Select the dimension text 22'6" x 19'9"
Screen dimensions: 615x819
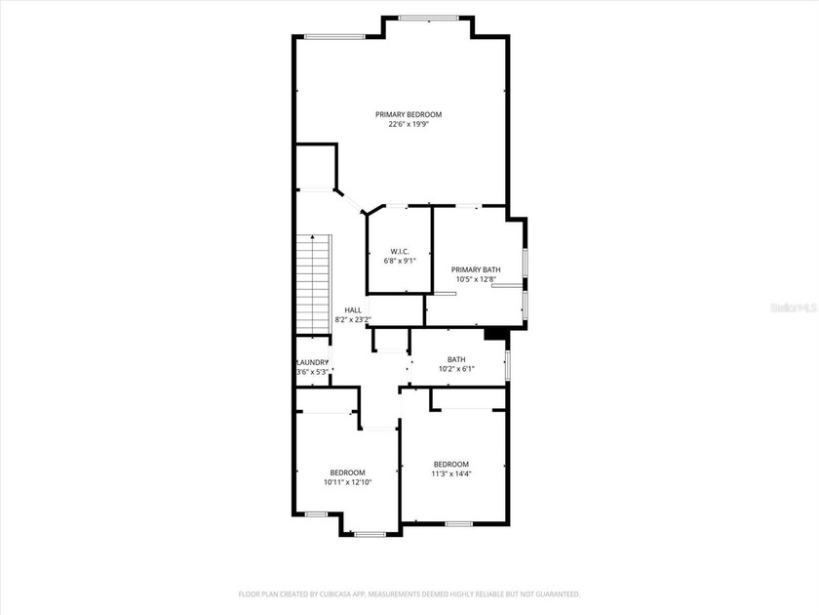(x=409, y=124)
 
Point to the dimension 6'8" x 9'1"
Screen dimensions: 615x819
(x=400, y=261)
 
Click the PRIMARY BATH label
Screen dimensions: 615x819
(x=475, y=269)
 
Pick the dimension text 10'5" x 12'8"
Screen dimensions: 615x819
(x=474, y=279)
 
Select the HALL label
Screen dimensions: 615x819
(x=352, y=309)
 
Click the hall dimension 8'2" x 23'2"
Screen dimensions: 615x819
(x=353, y=319)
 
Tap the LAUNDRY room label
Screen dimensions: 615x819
(x=312, y=362)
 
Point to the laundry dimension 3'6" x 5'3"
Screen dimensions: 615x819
(x=312, y=372)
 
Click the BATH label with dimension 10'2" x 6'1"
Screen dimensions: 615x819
(x=456, y=359)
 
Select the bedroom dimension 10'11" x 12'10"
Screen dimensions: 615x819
(x=347, y=481)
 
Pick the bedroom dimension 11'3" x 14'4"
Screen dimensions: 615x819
(x=451, y=473)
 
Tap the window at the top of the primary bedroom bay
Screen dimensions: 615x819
(x=428, y=17)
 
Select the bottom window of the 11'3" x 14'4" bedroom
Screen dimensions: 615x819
(x=458, y=524)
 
